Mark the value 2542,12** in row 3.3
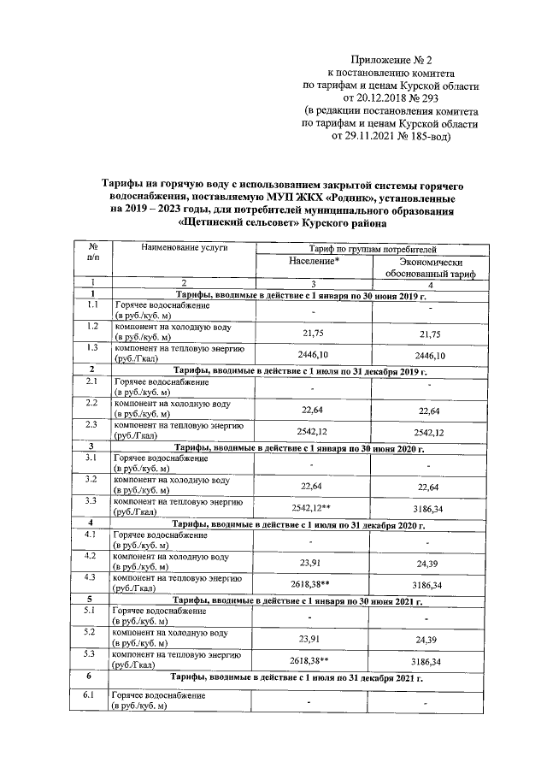pos(313,507)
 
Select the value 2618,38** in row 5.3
pos(313,662)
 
